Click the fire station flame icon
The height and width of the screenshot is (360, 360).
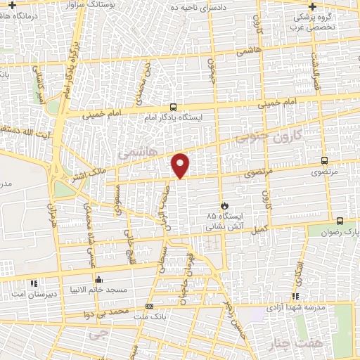pyautogui.click(x=224, y=205)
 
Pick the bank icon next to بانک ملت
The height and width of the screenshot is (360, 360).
pyautogui.click(x=149, y=306)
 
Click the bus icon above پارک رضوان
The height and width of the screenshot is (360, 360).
pyautogui.click(x=340, y=220)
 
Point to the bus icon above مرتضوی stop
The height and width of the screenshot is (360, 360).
pyautogui.click(x=324, y=160)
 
